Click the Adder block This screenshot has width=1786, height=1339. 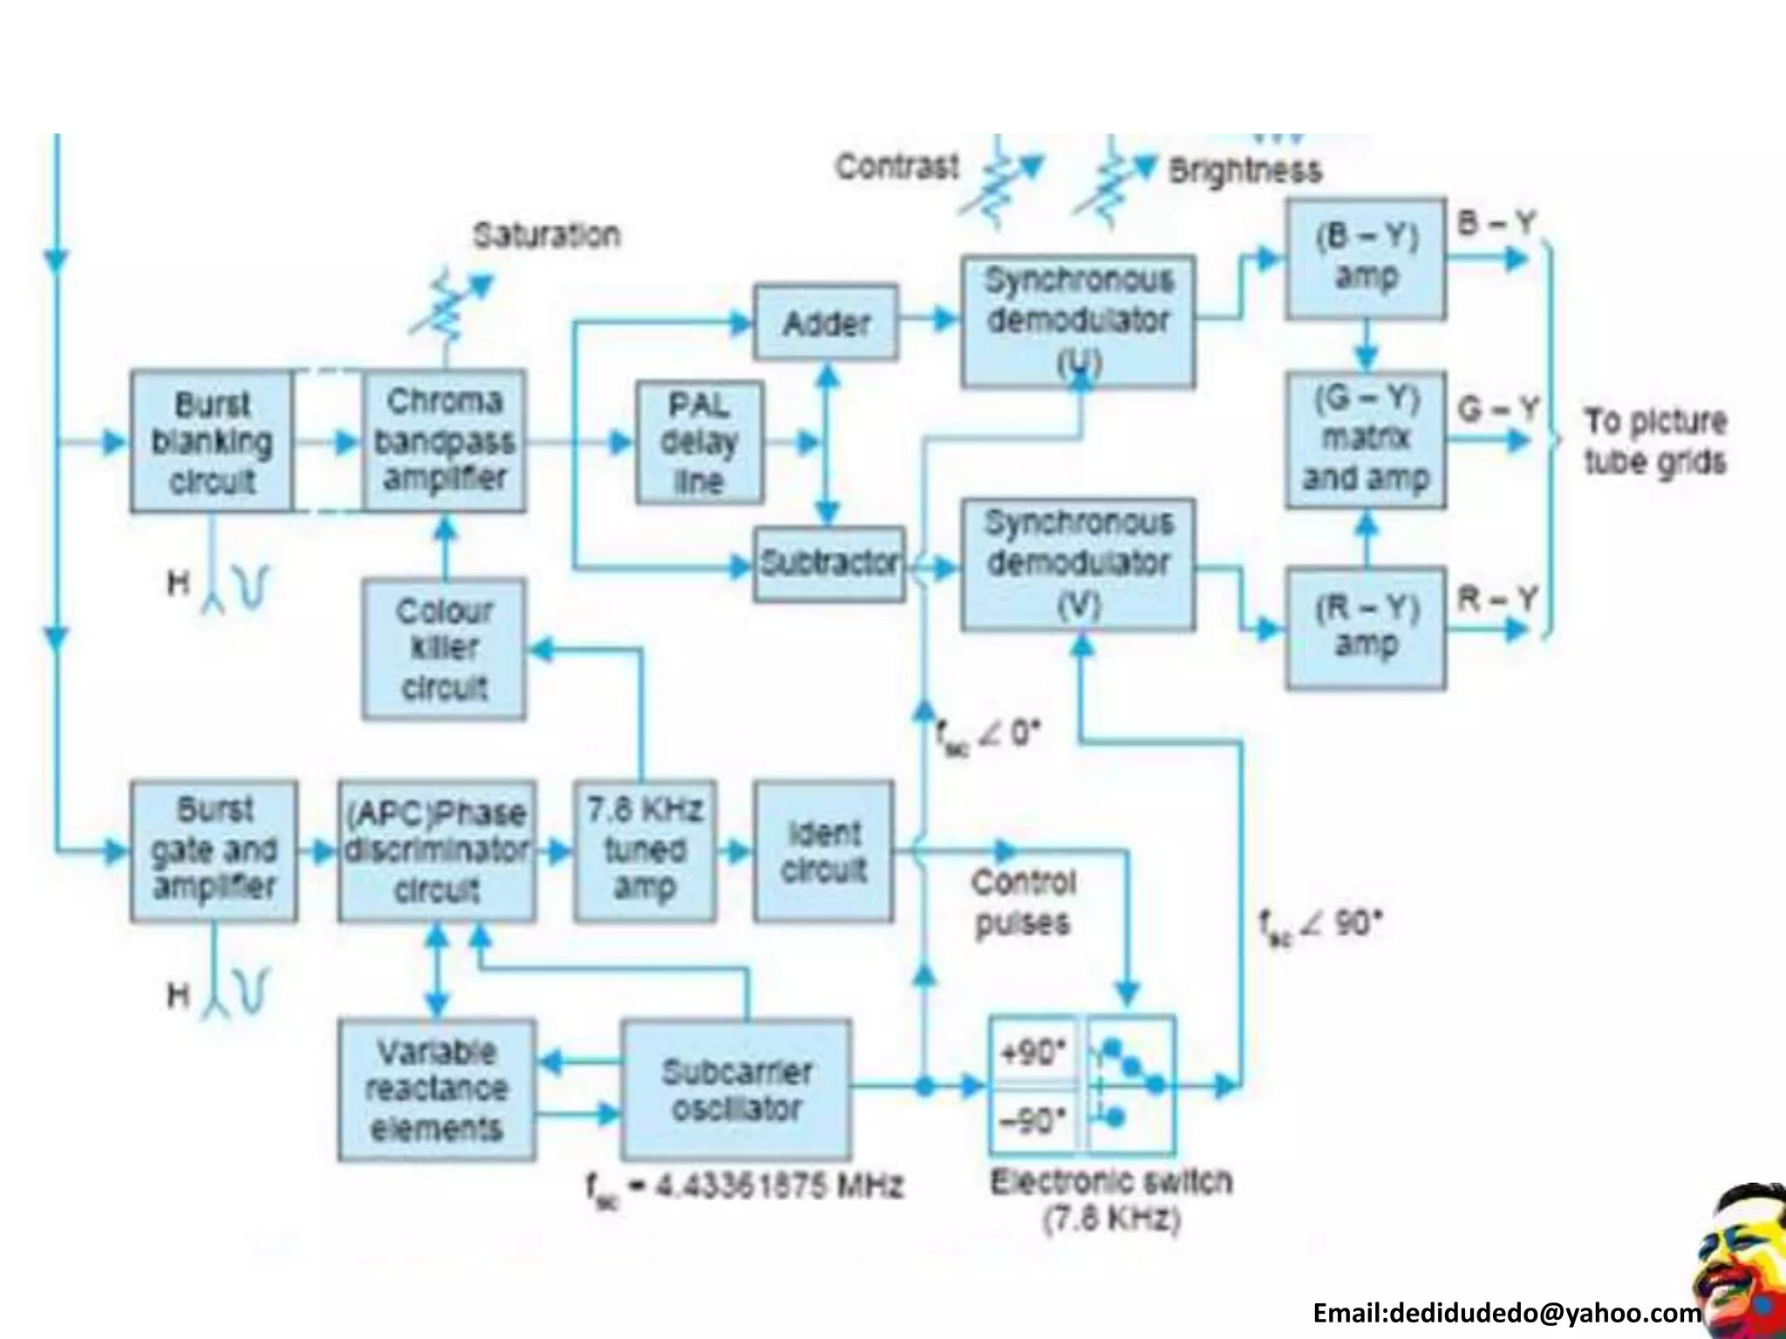click(825, 322)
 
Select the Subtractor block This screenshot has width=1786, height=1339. click(828, 563)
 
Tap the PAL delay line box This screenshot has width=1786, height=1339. click(699, 442)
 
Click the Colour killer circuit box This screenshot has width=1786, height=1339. click(444, 649)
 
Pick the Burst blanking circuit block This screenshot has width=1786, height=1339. click(212, 442)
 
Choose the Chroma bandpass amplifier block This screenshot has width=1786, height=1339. click(444, 440)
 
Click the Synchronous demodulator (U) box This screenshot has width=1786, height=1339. click(1078, 321)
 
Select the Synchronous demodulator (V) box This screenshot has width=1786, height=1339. click(1078, 563)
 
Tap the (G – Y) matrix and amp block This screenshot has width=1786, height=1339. click(1365, 439)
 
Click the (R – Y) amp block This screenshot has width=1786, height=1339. click(1365, 628)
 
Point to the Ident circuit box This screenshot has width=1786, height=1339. click(823, 851)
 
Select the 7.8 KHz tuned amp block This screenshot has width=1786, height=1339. click(644, 851)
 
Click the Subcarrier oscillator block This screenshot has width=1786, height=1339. click(736, 1089)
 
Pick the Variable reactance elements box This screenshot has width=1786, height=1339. click(436, 1090)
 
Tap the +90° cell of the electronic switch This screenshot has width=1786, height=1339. click(1033, 1052)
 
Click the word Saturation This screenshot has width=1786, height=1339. click(547, 235)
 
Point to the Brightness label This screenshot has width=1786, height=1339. click(1244, 170)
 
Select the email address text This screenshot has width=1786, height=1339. click(1506, 1313)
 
